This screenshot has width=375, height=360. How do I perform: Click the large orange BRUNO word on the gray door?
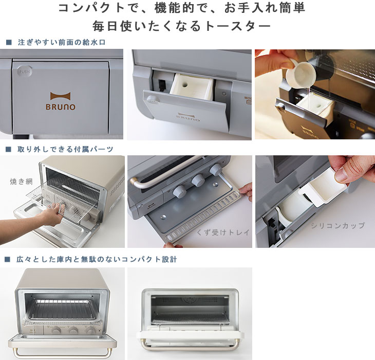[x=63, y=107]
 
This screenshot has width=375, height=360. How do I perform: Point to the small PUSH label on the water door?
[x=24, y=71]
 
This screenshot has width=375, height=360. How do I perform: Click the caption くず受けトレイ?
[x=223, y=232]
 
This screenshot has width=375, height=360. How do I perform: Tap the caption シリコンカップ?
[x=338, y=226]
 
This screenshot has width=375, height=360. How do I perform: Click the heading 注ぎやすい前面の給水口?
[x=61, y=42]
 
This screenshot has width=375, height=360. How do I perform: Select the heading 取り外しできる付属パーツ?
[x=65, y=149]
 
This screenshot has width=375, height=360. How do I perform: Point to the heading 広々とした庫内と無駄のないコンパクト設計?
[x=97, y=259]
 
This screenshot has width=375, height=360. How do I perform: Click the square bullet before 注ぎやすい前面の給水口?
[x=8, y=42]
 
